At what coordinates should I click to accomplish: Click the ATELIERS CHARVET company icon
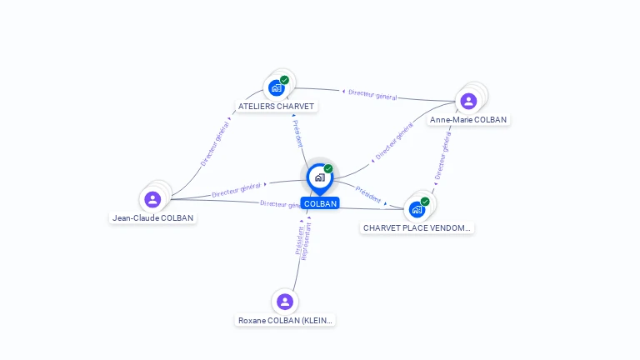click(276, 88)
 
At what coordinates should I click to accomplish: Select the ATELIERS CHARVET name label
click(276, 107)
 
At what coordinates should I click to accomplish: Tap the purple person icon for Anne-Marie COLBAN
click(468, 102)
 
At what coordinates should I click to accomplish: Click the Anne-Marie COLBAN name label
click(468, 120)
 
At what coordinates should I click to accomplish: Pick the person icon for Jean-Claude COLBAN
click(152, 200)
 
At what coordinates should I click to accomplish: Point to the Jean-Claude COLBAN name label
click(153, 218)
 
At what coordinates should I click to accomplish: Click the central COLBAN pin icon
click(319, 177)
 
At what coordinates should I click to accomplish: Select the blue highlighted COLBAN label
click(320, 203)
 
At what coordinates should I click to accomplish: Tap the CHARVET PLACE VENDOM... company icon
click(417, 210)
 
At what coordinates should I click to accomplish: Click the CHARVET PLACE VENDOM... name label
click(417, 227)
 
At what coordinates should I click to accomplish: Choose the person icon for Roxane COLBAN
click(285, 302)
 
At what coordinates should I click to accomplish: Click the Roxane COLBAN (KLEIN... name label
click(285, 320)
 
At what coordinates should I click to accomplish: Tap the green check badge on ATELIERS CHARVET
click(285, 80)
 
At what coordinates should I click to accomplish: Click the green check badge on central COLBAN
click(328, 168)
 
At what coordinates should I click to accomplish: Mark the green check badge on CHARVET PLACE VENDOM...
click(425, 202)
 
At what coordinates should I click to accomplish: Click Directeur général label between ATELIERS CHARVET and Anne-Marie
click(372, 95)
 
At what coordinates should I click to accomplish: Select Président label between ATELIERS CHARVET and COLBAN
click(298, 134)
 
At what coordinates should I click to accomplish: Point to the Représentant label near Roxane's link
click(306, 242)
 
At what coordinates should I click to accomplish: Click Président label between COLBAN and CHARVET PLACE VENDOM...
click(368, 195)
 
